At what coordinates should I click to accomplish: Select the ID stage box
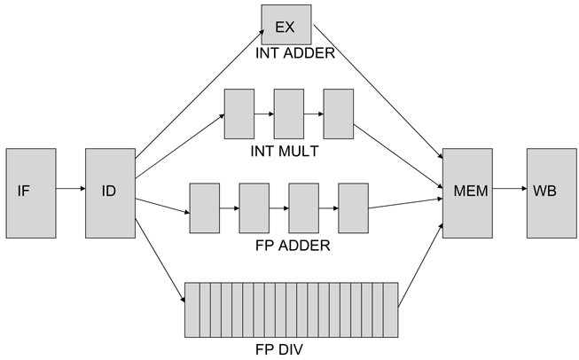pyautogui.click(x=108, y=192)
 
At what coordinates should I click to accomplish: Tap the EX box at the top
pyautogui.click(x=286, y=24)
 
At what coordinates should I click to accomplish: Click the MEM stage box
pyautogui.click(x=466, y=192)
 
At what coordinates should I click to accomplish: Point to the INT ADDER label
pyautogui.click(x=294, y=53)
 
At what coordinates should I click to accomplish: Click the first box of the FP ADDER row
pyautogui.click(x=205, y=208)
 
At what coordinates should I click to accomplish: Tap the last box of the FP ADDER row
pyautogui.click(x=353, y=208)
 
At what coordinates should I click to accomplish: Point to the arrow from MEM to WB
pyautogui.click(x=508, y=188)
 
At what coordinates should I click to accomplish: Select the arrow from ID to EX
pyautogui.click(x=200, y=90)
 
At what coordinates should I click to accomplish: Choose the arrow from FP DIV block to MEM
pyautogui.click(x=421, y=262)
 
